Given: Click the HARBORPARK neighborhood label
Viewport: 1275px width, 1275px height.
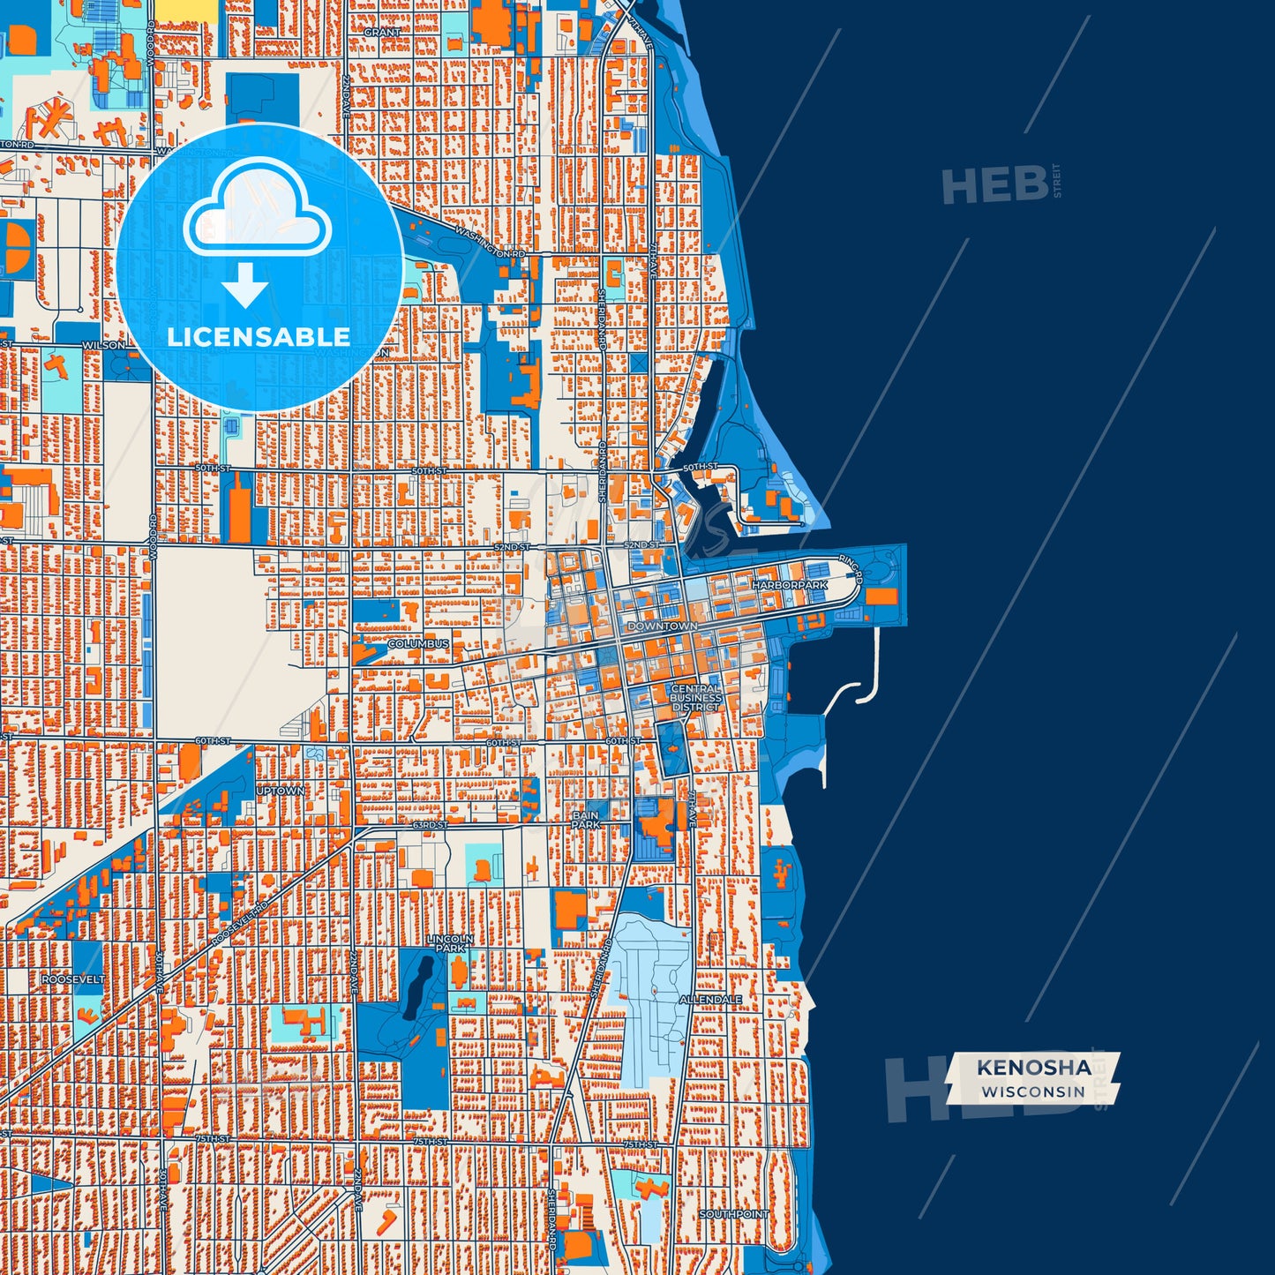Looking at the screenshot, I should coord(790,585).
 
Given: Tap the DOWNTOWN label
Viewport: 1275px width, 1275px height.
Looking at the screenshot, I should coord(662,626).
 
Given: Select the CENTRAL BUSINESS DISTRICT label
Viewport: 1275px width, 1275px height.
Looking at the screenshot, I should coord(696,698).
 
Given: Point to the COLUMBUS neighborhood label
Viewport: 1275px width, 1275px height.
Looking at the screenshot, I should coord(418,644).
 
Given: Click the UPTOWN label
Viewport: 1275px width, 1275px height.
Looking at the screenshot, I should coord(281,791).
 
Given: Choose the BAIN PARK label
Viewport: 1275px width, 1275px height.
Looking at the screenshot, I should coord(586,821).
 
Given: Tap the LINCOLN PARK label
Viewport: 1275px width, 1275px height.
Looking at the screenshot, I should coord(450,944).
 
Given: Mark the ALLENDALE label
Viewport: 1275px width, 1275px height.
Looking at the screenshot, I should coord(710,1000).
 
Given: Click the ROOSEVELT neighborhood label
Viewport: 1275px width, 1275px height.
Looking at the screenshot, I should coord(73,979).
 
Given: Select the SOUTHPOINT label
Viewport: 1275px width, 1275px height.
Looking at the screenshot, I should coord(734,1214).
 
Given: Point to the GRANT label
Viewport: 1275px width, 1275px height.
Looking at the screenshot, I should coord(382,32).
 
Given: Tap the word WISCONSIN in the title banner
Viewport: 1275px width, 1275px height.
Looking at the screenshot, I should coord(1033,1091).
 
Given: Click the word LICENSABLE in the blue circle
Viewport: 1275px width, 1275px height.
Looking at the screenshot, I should coord(259,337).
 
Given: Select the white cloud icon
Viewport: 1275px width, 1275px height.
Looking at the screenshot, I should coord(257,207).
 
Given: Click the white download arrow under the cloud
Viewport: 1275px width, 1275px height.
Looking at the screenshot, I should coord(245,285).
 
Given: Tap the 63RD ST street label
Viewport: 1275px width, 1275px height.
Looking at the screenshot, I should coord(429,825).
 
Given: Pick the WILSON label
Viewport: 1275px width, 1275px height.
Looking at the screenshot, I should coord(104,345).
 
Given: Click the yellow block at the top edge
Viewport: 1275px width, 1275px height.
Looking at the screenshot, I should coord(187,9).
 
